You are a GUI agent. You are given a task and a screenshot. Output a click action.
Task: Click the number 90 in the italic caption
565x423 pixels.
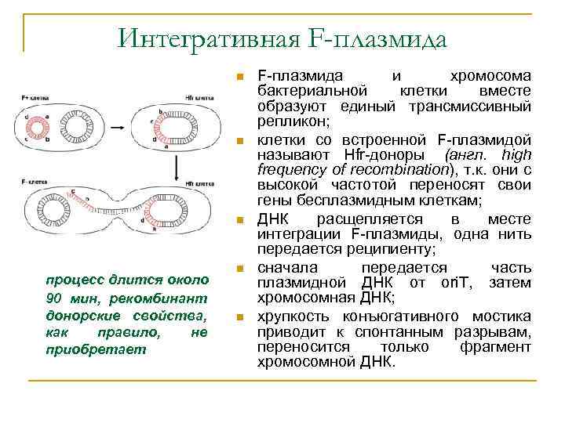coord(53,297)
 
